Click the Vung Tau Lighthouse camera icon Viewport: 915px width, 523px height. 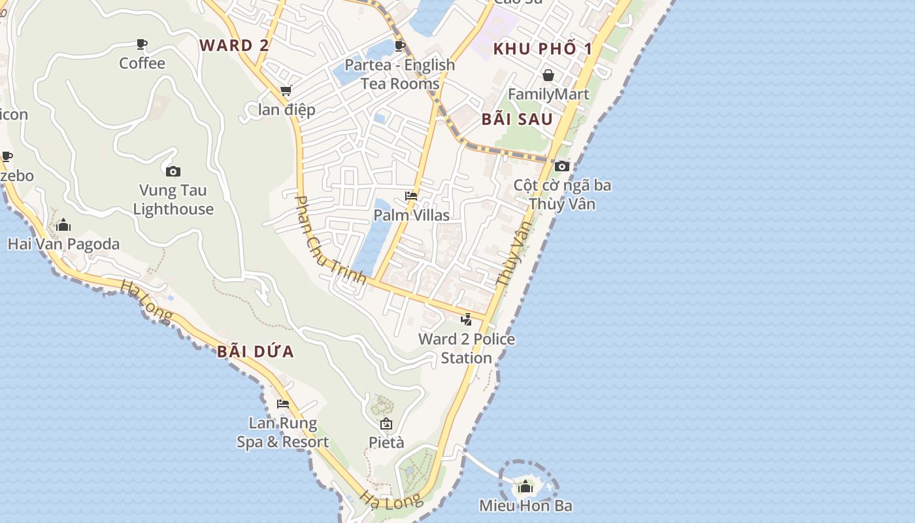[173, 172]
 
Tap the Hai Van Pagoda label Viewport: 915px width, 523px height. [63, 245]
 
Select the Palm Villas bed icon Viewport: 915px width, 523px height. [411, 196]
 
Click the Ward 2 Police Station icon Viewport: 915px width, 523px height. [467, 320]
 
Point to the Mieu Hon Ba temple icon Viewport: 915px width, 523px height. [525, 487]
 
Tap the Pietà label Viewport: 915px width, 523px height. [386, 443]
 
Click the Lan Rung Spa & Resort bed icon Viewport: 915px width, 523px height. [283, 404]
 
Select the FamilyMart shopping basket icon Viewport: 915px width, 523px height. [548, 75]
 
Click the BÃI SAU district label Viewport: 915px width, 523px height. [517, 120]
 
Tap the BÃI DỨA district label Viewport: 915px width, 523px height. [256, 352]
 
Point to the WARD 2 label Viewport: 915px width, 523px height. [234, 46]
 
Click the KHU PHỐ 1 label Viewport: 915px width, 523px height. [542, 49]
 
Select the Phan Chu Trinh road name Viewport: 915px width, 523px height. [330, 240]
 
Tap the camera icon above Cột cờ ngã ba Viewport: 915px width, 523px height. [562, 167]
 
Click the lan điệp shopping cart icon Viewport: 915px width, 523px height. [286, 91]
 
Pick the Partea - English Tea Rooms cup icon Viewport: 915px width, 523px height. [400, 46]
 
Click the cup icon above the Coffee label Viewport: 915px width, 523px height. [142, 44]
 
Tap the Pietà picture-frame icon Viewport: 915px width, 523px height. [386, 424]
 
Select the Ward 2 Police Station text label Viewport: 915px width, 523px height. [467, 348]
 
